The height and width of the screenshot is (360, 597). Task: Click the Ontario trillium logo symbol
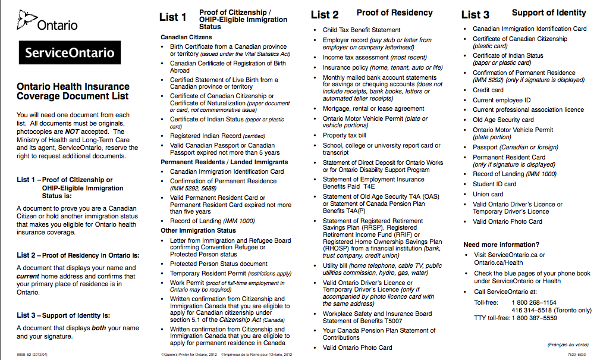click(x=27, y=20)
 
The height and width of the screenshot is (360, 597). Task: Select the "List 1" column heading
click(x=172, y=17)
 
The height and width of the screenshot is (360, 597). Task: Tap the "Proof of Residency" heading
click(x=394, y=12)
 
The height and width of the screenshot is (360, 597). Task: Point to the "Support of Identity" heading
click(x=549, y=12)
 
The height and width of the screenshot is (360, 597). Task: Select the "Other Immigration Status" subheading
click(x=198, y=230)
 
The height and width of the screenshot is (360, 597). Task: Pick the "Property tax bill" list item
click(x=344, y=135)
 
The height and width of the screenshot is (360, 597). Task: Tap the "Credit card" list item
click(x=488, y=90)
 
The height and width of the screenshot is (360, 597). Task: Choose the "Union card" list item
click(x=488, y=194)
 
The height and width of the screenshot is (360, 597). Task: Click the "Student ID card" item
click(x=494, y=184)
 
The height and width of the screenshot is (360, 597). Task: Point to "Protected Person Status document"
click(x=218, y=264)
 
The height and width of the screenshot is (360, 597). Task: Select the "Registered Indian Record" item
click(x=209, y=136)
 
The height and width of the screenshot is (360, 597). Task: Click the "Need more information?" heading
click(x=501, y=245)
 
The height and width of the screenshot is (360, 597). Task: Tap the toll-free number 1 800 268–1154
click(x=534, y=302)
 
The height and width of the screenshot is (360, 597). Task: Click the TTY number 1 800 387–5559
click(x=534, y=318)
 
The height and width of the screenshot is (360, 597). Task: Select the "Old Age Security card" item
click(x=503, y=120)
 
